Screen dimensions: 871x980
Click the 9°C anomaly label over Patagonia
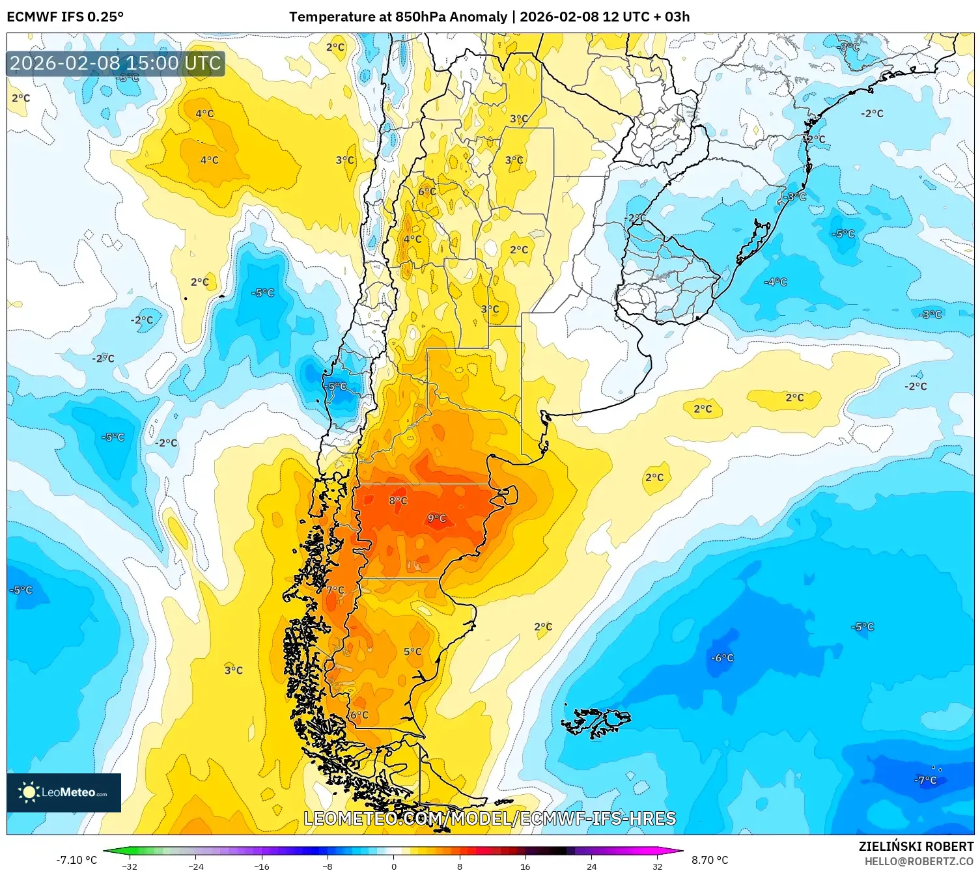tap(437, 518)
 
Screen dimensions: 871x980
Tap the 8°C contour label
tap(398, 501)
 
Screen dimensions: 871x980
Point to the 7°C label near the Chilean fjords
tap(335, 590)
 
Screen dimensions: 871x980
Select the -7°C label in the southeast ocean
tap(925, 780)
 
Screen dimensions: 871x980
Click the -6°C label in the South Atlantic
tap(722, 658)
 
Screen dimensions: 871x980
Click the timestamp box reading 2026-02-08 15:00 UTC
tap(116, 63)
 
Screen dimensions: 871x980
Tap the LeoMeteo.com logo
tap(64, 792)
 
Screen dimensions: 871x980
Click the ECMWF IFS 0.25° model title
tap(65, 17)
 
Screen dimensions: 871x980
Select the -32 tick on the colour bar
tap(130, 866)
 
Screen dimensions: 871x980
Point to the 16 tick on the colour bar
tap(525, 866)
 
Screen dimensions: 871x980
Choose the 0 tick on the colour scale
tap(393, 866)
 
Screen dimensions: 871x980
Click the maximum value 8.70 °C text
tap(710, 860)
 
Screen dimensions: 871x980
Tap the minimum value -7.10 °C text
tap(76, 860)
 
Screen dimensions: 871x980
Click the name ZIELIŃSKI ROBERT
tap(916, 847)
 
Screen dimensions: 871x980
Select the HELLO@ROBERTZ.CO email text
tap(918, 861)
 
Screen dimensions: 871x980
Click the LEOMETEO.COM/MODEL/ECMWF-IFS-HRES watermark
tap(490, 818)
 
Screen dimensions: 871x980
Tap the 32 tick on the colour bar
tap(657, 866)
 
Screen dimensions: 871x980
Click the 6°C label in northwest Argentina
tap(427, 191)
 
